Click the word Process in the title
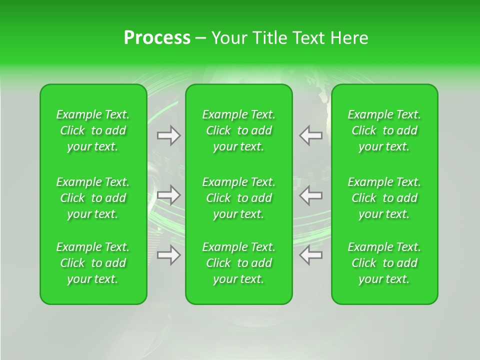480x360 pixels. [x=157, y=38]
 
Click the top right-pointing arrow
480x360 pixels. [x=169, y=135]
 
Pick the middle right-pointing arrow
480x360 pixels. [x=169, y=193]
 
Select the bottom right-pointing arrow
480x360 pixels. [x=169, y=255]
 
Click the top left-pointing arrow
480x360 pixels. [x=310, y=135]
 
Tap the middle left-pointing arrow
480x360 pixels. [x=310, y=195]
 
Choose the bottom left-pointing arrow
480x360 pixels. [x=310, y=255]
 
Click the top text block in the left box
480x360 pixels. [x=93, y=130]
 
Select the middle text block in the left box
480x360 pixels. [x=93, y=198]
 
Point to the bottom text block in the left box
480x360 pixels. [x=93, y=263]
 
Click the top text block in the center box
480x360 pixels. [x=239, y=130]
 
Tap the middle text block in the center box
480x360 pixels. [x=239, y=198]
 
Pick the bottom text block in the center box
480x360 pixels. [x=239, y=263]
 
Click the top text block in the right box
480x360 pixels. [x=384, y=130]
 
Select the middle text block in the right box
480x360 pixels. [x=384, y=198]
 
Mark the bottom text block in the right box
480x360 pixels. [x=384, y=263]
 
